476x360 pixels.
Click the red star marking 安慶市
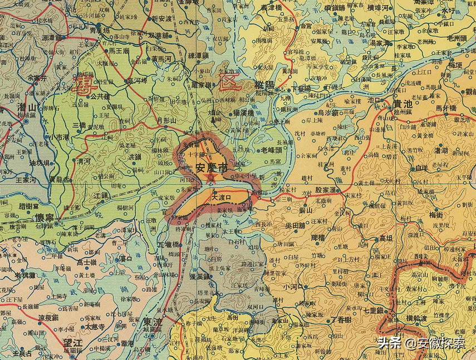click(x=211, y=177)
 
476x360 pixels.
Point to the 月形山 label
click(x=165, y=120)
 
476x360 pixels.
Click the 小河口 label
click(x=293, y=287)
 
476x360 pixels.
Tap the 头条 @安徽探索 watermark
click(x=421, y=343)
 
